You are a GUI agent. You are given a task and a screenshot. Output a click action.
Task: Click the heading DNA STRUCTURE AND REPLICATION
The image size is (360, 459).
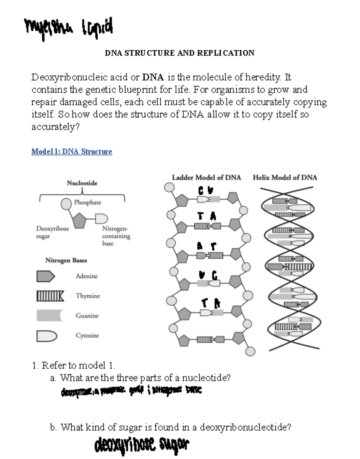[x=179, y=53]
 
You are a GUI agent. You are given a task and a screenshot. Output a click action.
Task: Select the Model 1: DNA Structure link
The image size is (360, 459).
[x=72, y=151]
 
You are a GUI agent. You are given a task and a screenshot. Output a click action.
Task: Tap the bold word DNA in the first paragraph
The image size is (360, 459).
[x=153, y=77]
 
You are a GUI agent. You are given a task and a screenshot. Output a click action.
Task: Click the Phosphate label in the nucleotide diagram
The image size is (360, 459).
[x=88, y=202]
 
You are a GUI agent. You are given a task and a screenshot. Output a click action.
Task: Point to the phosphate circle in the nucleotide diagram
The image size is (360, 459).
[x=66, y=204]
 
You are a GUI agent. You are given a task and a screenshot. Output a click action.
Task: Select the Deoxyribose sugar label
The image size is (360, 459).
[x=52, y=232]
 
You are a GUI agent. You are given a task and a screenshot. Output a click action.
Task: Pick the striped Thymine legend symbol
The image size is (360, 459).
[x=50, y=296]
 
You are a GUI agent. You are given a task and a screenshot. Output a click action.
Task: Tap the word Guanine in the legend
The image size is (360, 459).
[x=87, y=316]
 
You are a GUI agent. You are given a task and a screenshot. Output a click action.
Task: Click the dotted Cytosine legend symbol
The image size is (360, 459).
[x=46, y=336]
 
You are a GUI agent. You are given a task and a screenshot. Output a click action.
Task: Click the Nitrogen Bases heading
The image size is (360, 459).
[x=66, y=260]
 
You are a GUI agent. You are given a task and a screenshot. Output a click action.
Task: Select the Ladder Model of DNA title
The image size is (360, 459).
[x=206, y=178]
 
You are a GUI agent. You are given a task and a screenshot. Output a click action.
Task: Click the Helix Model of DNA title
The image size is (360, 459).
[x=285, y=178]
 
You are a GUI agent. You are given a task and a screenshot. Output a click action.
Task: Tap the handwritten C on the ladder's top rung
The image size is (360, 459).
[x=201, y=190]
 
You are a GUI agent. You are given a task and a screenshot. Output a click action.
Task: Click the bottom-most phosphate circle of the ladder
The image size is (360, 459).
[x=250, y=351]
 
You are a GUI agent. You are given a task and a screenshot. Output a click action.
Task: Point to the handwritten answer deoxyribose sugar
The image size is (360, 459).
[x=142, y=445]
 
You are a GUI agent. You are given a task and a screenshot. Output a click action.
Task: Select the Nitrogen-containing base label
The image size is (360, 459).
[x=116, y=236]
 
